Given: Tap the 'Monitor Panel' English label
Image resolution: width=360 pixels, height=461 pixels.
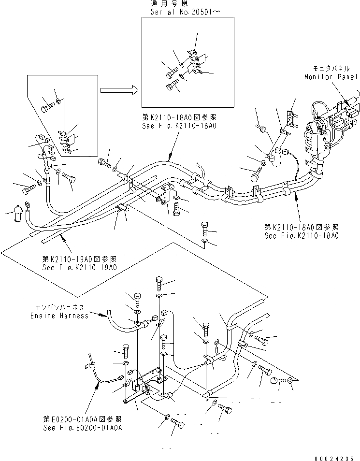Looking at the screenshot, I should coord(331,77).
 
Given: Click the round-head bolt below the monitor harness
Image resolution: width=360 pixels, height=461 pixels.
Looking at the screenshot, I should coord(256,174).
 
